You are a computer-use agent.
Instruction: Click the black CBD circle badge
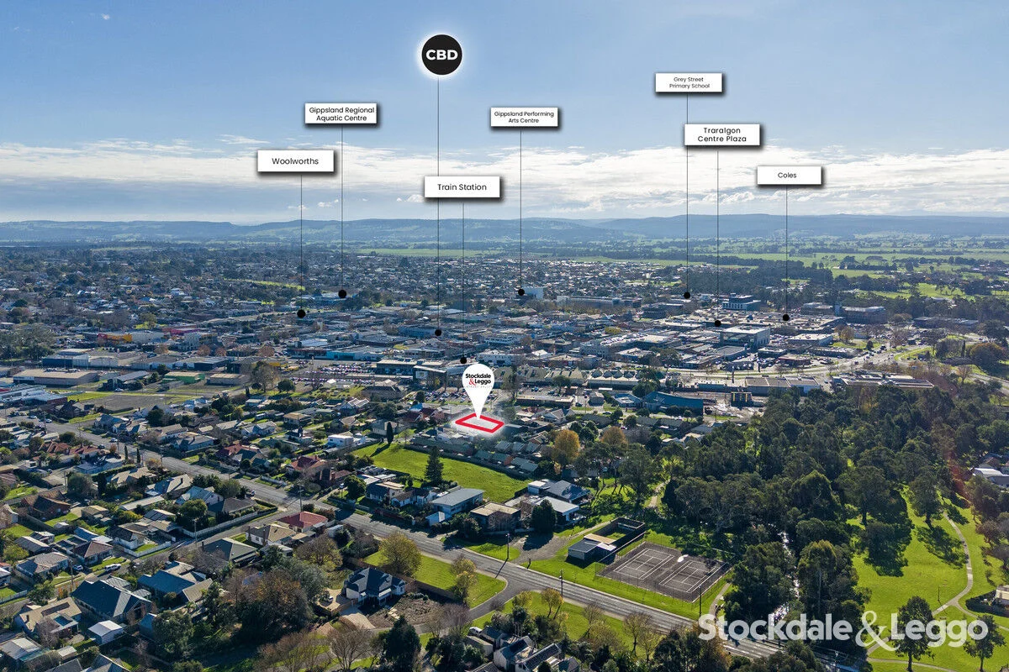[x=441, y=55]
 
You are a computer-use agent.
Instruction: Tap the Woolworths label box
[x=295, y=161]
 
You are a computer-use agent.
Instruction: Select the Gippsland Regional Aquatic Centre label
[x=341, y=114]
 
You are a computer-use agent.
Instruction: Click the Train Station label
[x=462, y=186]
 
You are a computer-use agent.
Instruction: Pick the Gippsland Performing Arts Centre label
[x=524, y=117]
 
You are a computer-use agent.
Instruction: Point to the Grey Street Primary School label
[x=689, y=83]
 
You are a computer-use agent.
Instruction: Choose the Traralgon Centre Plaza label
[x=722, y=134]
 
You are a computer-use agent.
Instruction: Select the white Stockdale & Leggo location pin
[x=478, y=387]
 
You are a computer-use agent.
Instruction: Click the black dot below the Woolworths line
[x=301, y=313]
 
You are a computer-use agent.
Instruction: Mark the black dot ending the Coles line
[x=786, y=318]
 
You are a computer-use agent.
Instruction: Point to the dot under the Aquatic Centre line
[x=342, y=294]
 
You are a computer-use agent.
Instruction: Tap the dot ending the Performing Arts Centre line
[x=521, y=292]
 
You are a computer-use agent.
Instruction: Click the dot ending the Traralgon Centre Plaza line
[x=717, y=323]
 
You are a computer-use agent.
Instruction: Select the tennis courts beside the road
[x=663, y=571]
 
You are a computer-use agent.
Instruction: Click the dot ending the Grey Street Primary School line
[x=687, y=296]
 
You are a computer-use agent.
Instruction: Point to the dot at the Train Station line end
[x=463, y=360]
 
